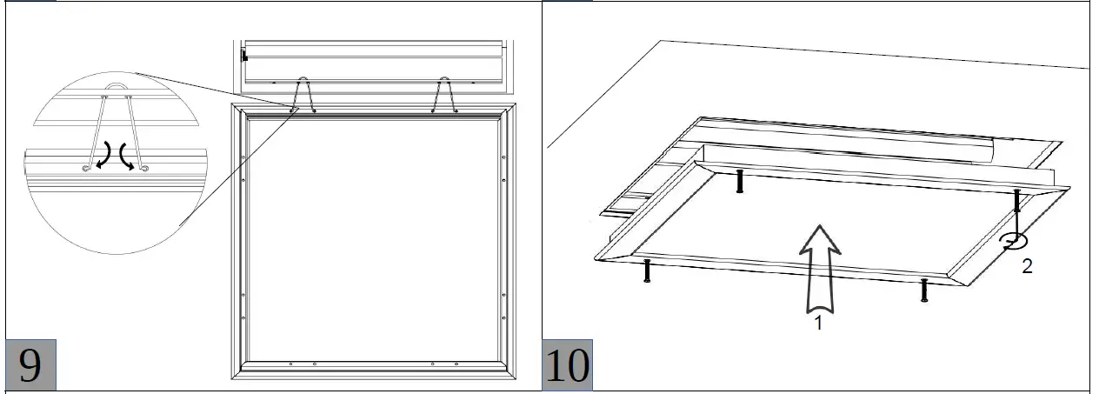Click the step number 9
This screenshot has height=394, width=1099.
pos(30,365)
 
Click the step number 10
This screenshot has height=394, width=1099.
pos(567,365)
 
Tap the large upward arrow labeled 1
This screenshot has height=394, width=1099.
pos(820,269)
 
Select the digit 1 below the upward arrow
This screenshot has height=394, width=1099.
pos(818,323)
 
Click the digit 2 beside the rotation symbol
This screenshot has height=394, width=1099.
pos(1027,266)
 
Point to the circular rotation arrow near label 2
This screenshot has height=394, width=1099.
pos(1014,242)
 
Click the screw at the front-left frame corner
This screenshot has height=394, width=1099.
pos(647,270)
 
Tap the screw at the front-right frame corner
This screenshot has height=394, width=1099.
pos(924,290)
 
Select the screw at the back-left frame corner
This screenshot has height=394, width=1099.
pos(740,181)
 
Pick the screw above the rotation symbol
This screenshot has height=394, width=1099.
pos(1016,200)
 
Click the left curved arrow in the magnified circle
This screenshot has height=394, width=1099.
pos(104,156)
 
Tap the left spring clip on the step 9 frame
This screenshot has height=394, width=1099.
pos(303,95)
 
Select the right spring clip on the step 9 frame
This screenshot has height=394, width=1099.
pos(444,95)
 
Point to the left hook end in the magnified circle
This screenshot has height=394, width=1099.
pos(86,169)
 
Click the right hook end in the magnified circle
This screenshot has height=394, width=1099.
pos(144,169)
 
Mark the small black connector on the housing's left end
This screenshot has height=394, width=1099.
pos(243,56)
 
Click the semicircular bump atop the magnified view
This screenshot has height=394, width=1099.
pos(117,86)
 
